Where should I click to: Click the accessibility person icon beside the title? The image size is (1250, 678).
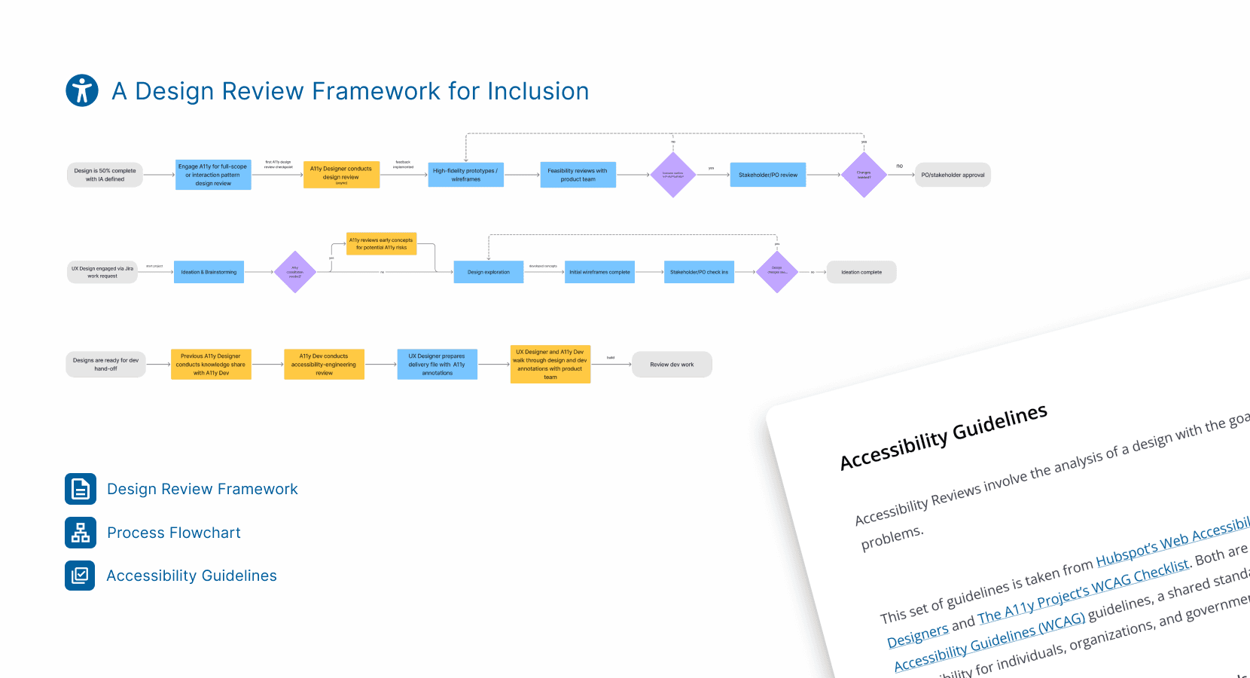pyautogui.click(x=82, y=90)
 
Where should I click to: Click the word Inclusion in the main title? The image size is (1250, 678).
pyautogui.click(x=538, y=91)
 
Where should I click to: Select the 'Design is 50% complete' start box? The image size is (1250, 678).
pyautogui.click(x=105, y=175)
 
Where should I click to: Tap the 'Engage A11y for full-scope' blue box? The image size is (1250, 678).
pyautogui.click(x=213, y=175)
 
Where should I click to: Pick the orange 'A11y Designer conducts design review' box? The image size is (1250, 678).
pyautogui.click(x=341, y=175)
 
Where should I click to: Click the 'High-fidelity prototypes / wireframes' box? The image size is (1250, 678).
pyautogui.click(x=465, y=175)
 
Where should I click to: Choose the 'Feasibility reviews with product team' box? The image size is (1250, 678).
pyautogui.click(x=578, y=175)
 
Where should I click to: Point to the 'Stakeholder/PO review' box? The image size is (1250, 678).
pyautogui.click(x=767, y=175)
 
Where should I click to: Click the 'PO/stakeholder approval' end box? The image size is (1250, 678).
pyautogui.click(x=953, y=175)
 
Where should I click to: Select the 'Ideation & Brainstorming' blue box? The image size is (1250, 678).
pyautogui.click(x=209, y=272)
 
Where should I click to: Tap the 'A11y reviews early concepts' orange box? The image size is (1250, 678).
pyautogui.click(x=381, y=244)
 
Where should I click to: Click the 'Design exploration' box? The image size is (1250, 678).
pyautogui.click(x=488, y=272)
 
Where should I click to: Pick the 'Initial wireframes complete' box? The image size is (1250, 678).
pyautogui.click(x=599, y=272)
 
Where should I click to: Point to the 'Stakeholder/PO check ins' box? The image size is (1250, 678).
pyautogui.click(x=699, y=272)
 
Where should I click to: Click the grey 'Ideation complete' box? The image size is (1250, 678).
pyautogui.click(x=861, y=272)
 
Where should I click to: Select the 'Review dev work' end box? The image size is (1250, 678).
pyautogui.click(x=672, y=365)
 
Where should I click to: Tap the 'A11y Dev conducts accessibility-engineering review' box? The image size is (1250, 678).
pyautogui.click(x=324, y=365)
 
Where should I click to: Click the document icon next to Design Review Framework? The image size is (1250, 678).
pyautogui.click(x=81, y=489)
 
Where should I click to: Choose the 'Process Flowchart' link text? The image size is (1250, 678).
pyautogui.click(x=174, y=533)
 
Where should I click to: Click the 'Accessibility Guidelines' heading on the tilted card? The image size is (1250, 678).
pyautogui.click(x=944, y=436)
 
